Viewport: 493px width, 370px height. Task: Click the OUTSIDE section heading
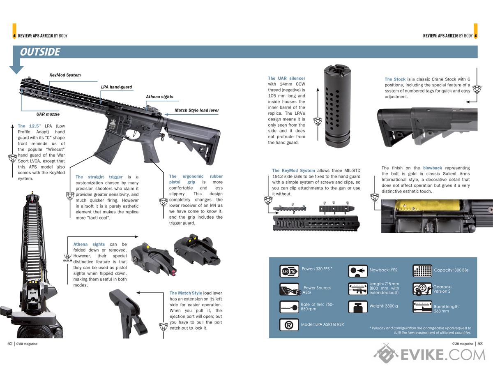pos(40,52)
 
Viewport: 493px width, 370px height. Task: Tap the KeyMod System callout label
pos(65,75)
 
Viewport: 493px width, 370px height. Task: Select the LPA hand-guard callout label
pos(116,87)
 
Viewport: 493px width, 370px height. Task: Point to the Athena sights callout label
pos(159,97)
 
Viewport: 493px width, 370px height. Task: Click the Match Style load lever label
pos(197,110)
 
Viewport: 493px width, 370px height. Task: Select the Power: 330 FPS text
pos(317,269)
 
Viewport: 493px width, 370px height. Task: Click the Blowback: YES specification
pos(383,270)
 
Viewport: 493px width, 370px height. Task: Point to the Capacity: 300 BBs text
pos(451,270)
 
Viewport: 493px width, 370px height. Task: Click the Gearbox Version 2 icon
pos(422,289)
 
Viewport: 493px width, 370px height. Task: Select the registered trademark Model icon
pos(289,325)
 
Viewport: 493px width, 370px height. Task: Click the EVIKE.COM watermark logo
pos(429,354)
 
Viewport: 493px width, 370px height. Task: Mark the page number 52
pos(10,344)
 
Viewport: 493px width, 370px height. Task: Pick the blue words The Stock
pos(395,79)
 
